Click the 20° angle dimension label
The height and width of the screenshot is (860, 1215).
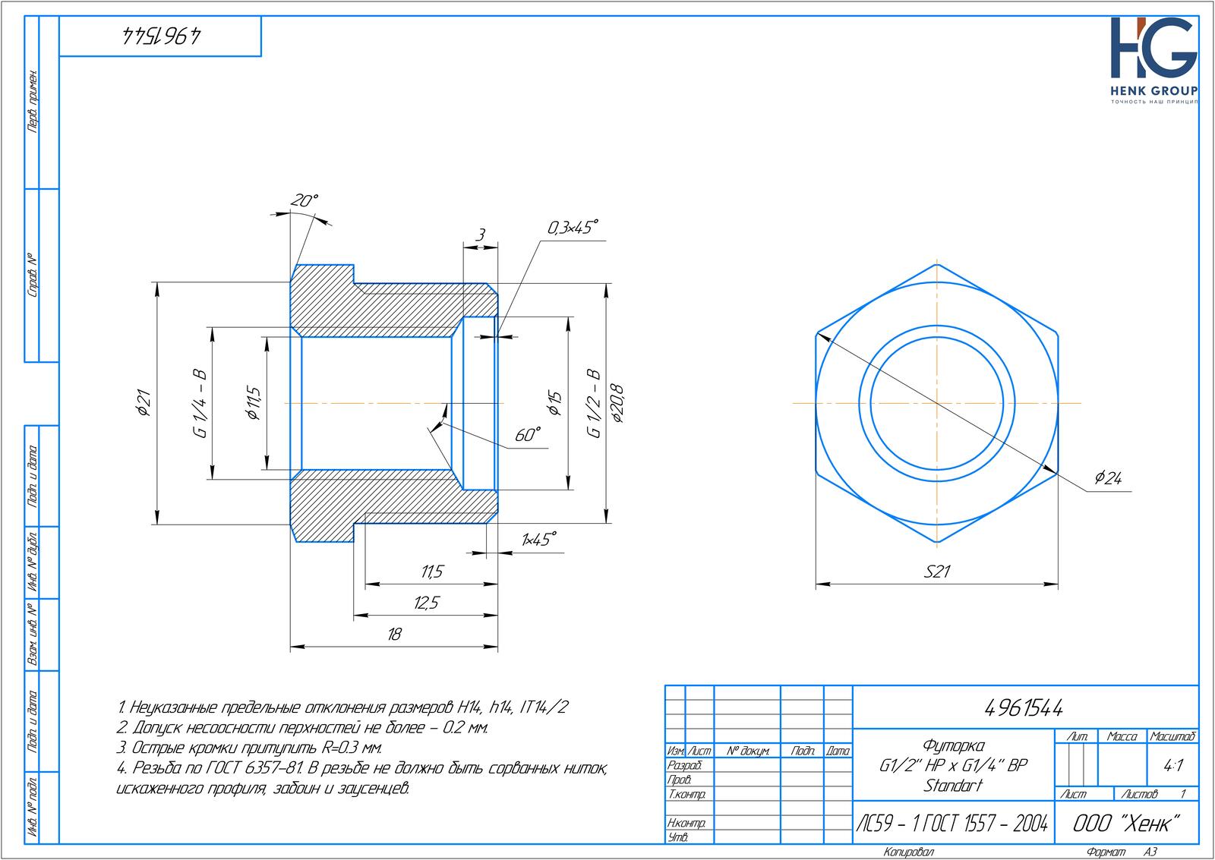(304, 200)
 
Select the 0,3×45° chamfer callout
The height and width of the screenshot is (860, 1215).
(573, 227)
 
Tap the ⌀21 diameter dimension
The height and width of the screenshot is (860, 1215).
(144, 402)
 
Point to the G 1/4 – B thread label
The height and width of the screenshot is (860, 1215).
(200, 403)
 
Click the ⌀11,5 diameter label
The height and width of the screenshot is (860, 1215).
(254, 403)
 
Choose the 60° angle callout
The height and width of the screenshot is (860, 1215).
(528, 435)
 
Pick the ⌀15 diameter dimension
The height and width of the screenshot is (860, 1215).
(554, 403)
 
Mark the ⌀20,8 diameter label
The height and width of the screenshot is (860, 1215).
(617, 403)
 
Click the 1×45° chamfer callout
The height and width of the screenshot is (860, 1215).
(538, 540)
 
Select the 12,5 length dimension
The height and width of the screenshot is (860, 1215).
(426, 603)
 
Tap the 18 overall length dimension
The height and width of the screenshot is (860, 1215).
(394, 634)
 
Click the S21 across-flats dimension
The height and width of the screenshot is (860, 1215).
(937, 572)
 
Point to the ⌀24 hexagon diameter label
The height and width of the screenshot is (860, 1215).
(1108, 477)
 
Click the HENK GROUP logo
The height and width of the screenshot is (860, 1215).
(1153, 60)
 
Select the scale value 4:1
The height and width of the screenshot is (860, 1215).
(1172, 766)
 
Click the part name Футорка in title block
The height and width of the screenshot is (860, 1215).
(953, 746)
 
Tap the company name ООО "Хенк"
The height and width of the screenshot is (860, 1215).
(1126, 823)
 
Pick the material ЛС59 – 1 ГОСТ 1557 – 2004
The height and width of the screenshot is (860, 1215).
(952, 823)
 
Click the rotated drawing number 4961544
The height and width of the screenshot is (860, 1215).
(161, 36)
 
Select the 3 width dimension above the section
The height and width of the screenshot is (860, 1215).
(481, 235)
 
